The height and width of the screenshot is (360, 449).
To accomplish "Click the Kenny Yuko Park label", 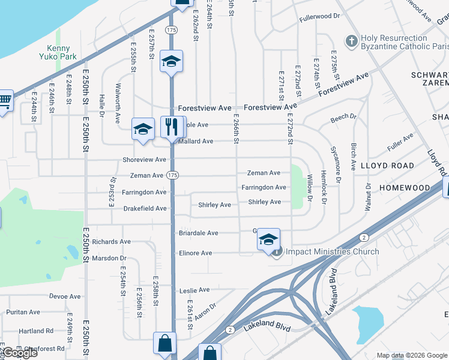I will pos(59,53).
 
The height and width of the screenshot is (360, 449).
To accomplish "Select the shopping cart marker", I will pos(4,100).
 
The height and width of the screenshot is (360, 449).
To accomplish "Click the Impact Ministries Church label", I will pos(332,251).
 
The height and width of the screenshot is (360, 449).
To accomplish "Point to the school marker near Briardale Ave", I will pos(269,240).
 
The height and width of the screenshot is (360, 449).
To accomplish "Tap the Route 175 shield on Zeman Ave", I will pos(172,175).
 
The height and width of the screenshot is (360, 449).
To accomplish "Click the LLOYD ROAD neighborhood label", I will pos(387,166).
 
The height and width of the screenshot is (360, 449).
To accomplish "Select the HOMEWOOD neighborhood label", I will pos(405,188).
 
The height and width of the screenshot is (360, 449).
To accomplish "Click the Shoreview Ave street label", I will pos(144,160).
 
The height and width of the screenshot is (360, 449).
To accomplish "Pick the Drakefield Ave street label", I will pos(145,208).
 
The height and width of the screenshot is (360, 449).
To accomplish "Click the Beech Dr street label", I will pos(343,118).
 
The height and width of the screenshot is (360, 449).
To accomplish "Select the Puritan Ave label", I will pos(23,312).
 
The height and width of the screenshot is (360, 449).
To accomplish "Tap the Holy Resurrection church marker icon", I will pos(351,41).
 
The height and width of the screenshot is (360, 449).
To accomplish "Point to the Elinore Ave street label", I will pos(195,253).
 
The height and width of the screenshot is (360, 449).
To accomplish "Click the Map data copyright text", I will pos(411,355).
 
